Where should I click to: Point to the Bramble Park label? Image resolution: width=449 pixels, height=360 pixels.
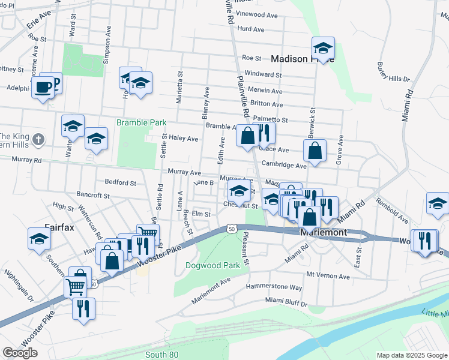[x=141, y=122]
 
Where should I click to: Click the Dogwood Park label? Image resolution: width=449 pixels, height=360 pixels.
[x=212, y=265]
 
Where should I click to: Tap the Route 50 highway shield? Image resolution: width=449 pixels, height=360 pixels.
[x=231, y=229]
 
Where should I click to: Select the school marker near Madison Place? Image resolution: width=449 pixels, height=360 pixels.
[x=323, y=49]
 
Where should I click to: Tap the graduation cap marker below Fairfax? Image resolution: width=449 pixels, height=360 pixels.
[x=40, y=239]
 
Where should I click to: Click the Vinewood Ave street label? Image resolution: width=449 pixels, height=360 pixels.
[x=259, y=13]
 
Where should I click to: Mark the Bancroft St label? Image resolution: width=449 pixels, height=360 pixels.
[x=93, y=195]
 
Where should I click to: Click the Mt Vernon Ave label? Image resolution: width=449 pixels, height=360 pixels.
[x=328, y=275]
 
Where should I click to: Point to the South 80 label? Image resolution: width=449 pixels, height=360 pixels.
[x=161, y=355]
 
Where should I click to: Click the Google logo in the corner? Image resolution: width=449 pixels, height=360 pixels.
[x=20, y=353]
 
